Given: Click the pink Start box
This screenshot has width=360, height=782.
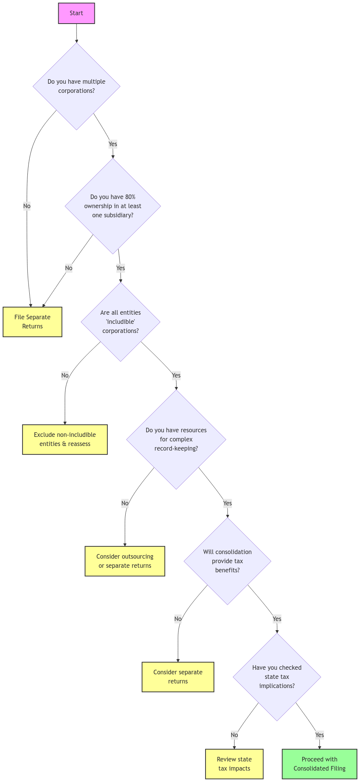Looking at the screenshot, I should pos(76,13).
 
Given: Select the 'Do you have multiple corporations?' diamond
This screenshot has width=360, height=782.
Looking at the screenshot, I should pos(76,86).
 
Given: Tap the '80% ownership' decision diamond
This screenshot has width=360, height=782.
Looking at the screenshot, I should pos(113,206).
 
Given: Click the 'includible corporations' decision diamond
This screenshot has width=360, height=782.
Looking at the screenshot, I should pos(120,322).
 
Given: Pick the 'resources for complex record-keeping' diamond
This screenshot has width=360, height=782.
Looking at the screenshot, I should pos(176,439).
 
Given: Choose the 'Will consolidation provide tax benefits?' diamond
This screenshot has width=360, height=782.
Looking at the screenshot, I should pos(227,561).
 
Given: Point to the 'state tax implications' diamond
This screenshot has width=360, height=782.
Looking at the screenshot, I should pos(277,677).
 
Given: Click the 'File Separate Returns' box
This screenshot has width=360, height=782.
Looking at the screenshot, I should pos(32,322).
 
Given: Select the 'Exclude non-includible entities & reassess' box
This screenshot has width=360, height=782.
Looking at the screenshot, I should pos(65,439).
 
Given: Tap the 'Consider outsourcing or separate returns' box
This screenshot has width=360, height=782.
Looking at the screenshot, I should pos(125,561).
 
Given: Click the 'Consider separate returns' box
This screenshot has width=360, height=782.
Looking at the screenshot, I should pos(178,677).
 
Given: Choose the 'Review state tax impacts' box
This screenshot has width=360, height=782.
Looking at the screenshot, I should pos(234,764).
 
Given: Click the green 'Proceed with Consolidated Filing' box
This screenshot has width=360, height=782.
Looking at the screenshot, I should pos(319,764).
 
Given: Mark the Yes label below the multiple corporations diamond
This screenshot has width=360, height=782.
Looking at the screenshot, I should pos(113,144).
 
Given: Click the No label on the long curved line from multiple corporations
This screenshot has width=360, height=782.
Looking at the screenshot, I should pos(27,206).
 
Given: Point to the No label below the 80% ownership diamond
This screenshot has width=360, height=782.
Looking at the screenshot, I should pos(68,268).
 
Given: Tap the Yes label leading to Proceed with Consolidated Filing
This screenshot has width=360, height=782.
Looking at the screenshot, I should pos(319,735).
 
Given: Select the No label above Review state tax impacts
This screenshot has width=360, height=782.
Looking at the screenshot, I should pos(234,735).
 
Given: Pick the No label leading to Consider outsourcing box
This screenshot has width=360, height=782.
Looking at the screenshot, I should pos(125,503).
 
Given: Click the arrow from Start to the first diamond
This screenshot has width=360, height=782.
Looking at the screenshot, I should pos(76,33).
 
